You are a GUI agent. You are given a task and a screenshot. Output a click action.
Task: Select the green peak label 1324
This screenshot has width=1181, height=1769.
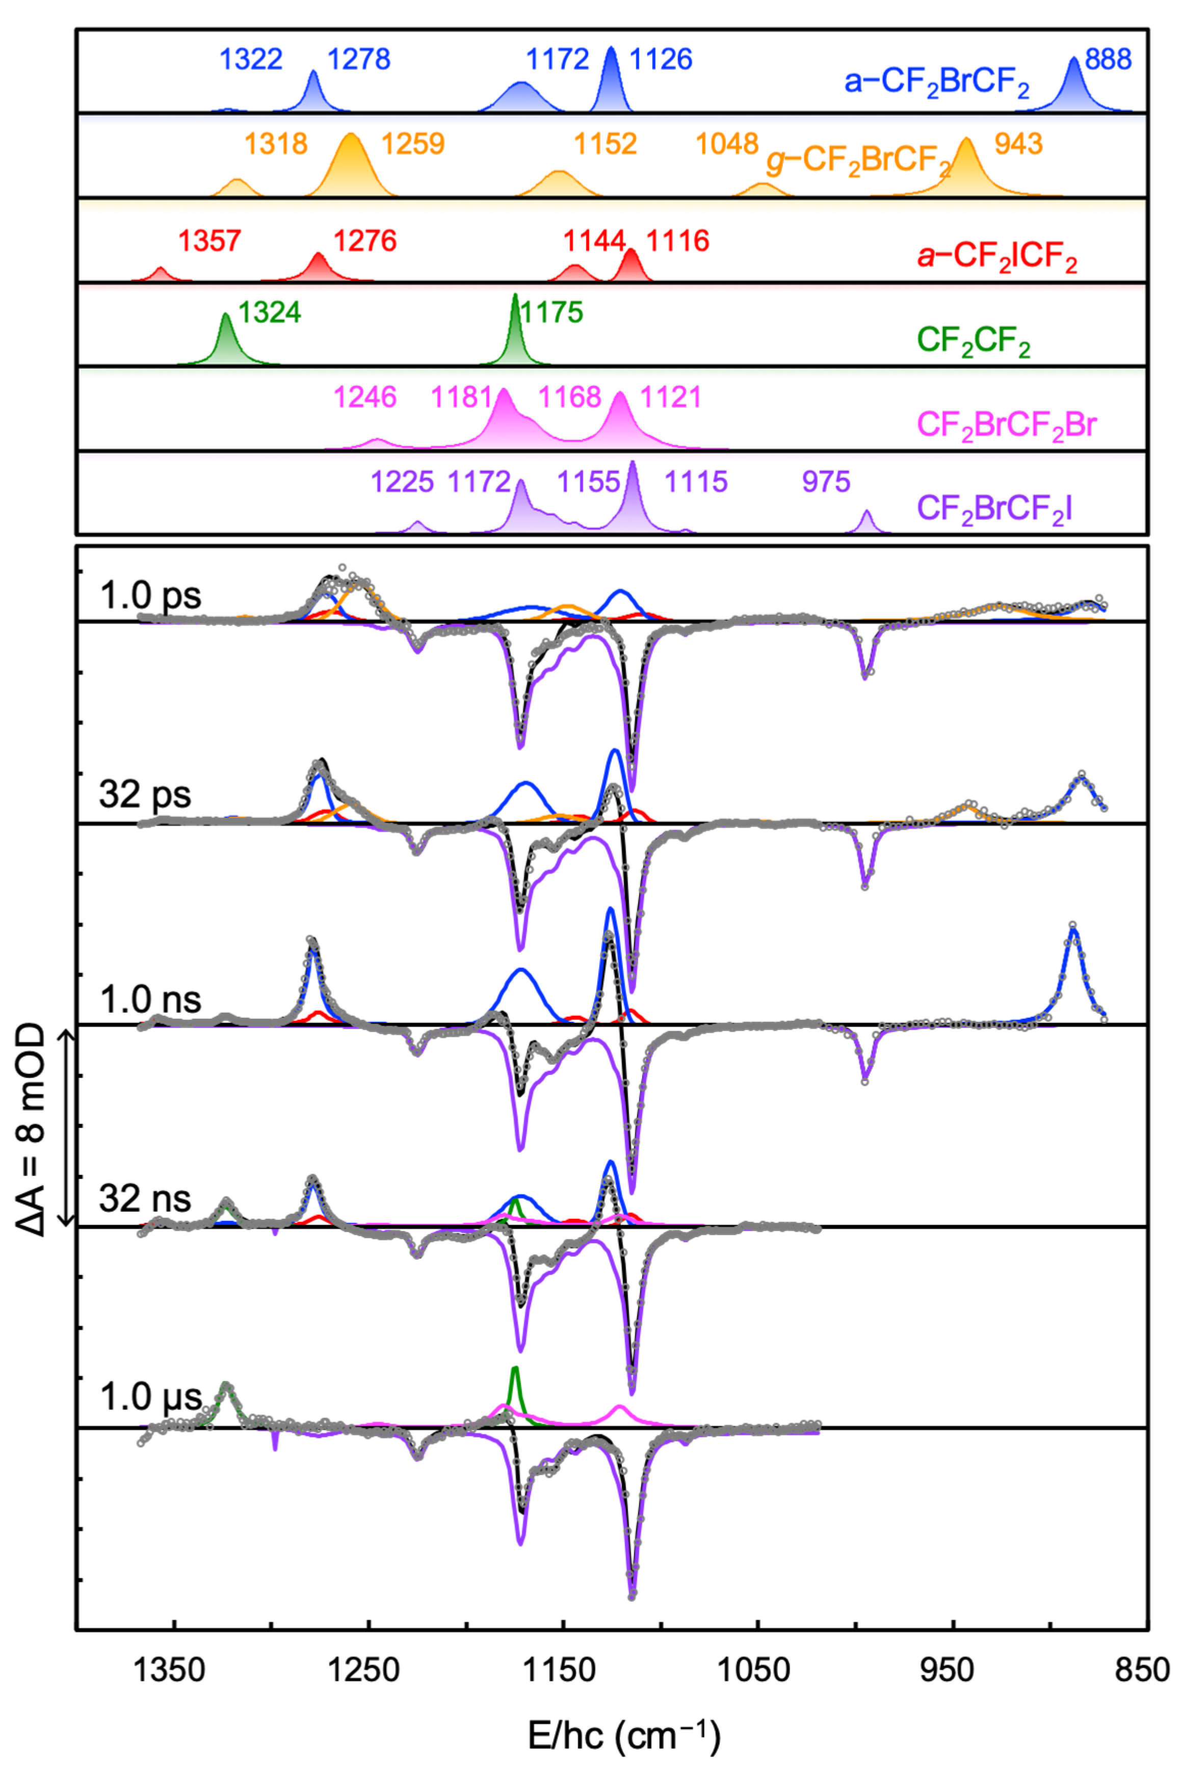pyautogui.click(x=270, y=312)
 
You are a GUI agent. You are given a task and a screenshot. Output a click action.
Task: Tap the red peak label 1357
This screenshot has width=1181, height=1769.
pyautogui.click(x=209, y=241)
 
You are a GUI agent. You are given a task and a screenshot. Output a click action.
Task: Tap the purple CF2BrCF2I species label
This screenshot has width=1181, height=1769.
pyautogui.click(x=994, y=510)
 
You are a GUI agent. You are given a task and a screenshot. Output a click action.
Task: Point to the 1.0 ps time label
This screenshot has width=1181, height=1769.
pyautogui.click(x=151, y=596)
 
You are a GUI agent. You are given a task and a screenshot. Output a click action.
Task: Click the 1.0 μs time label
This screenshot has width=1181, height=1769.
pyautogui.click(x=151, y=1398)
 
